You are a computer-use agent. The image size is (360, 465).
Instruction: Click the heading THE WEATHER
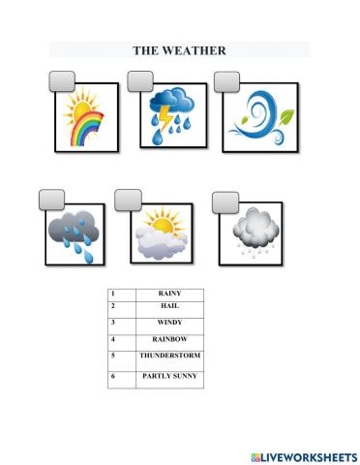coord(179,50)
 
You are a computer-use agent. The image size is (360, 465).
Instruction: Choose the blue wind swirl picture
coord(256,118)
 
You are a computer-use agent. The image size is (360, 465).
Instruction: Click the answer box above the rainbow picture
coord(59,79)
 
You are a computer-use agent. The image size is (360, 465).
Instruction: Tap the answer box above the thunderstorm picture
coord(142,79)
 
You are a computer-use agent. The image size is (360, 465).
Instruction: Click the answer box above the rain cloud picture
coord(47,199)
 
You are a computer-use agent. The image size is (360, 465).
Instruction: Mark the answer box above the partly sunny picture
coord(128,199)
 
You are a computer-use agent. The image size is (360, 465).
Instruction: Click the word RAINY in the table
coord(169,293)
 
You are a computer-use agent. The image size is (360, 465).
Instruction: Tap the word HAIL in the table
coord(169,305)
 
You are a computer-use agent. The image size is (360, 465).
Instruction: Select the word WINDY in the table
coord(169,322)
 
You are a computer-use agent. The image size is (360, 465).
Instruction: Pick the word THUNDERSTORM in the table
coord(169,355)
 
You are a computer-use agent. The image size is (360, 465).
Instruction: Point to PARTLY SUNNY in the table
coord(169,374)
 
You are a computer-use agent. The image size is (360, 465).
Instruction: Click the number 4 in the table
coord(113,338)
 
